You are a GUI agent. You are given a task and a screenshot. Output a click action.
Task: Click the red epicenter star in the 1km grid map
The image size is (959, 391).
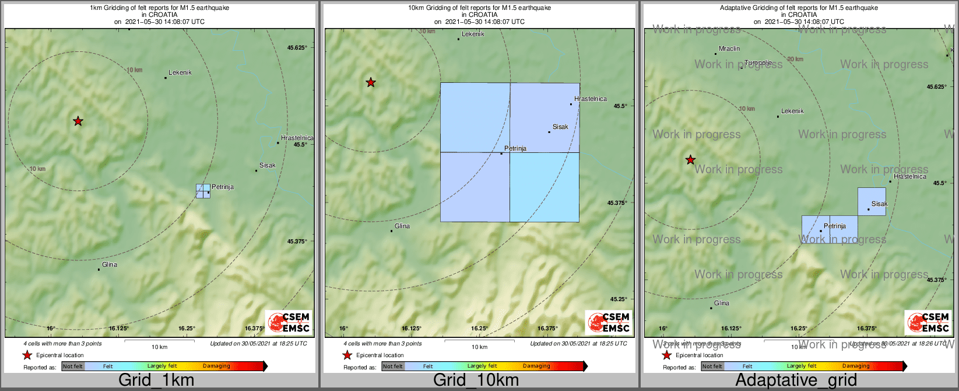pyautogui.click(x=78, y=121)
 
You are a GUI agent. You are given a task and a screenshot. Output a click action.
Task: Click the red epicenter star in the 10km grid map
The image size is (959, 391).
pyautogui.click(x=371, y=83)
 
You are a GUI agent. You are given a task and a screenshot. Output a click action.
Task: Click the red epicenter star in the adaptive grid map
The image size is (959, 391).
pyautogui.click(x=690, y=160)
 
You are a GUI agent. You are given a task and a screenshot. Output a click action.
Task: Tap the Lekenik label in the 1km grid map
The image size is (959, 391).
pyautogui.click(x=180, y=73)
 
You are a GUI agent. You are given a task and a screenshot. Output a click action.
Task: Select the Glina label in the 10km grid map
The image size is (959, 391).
pyautogui.click(x=402, y=226)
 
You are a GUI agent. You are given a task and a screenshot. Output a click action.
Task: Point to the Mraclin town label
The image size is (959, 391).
pyautogui.click(x=729, y=49)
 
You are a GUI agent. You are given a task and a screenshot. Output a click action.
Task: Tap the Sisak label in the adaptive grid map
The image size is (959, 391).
pyautogui.click(x=879, y=204)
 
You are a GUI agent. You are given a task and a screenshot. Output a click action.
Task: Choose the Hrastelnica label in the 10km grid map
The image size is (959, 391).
pyautogui.click(x=590, y=99)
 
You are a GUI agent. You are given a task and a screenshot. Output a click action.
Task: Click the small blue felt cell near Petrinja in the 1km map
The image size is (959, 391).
pyautogui.click(x=203, y=191)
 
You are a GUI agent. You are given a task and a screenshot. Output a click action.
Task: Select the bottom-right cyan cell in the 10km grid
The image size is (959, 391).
pyautogui.click(x=545, y=187)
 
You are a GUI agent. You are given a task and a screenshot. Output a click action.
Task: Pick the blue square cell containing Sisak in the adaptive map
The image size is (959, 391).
pyautogui.click(x=872, y=201)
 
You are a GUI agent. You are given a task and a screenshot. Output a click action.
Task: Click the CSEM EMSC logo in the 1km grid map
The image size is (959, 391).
pyautogui.click(x=288, y=323)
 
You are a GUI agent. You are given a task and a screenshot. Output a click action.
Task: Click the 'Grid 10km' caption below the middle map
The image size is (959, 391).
pyautogui.click(x=476, y=380)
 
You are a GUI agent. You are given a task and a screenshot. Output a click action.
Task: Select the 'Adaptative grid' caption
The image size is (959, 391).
pyautogui.click(x=796, y=380)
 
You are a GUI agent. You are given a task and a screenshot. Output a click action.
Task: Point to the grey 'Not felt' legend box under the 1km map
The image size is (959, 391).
pyautogui.click(x=73, y=366)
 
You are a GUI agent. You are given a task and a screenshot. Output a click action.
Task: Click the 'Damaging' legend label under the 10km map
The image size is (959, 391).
pyautogui.click(x=536, y=366)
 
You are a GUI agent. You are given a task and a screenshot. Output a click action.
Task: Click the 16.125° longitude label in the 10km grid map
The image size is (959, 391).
pyautogui.click(x=412, y=329)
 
